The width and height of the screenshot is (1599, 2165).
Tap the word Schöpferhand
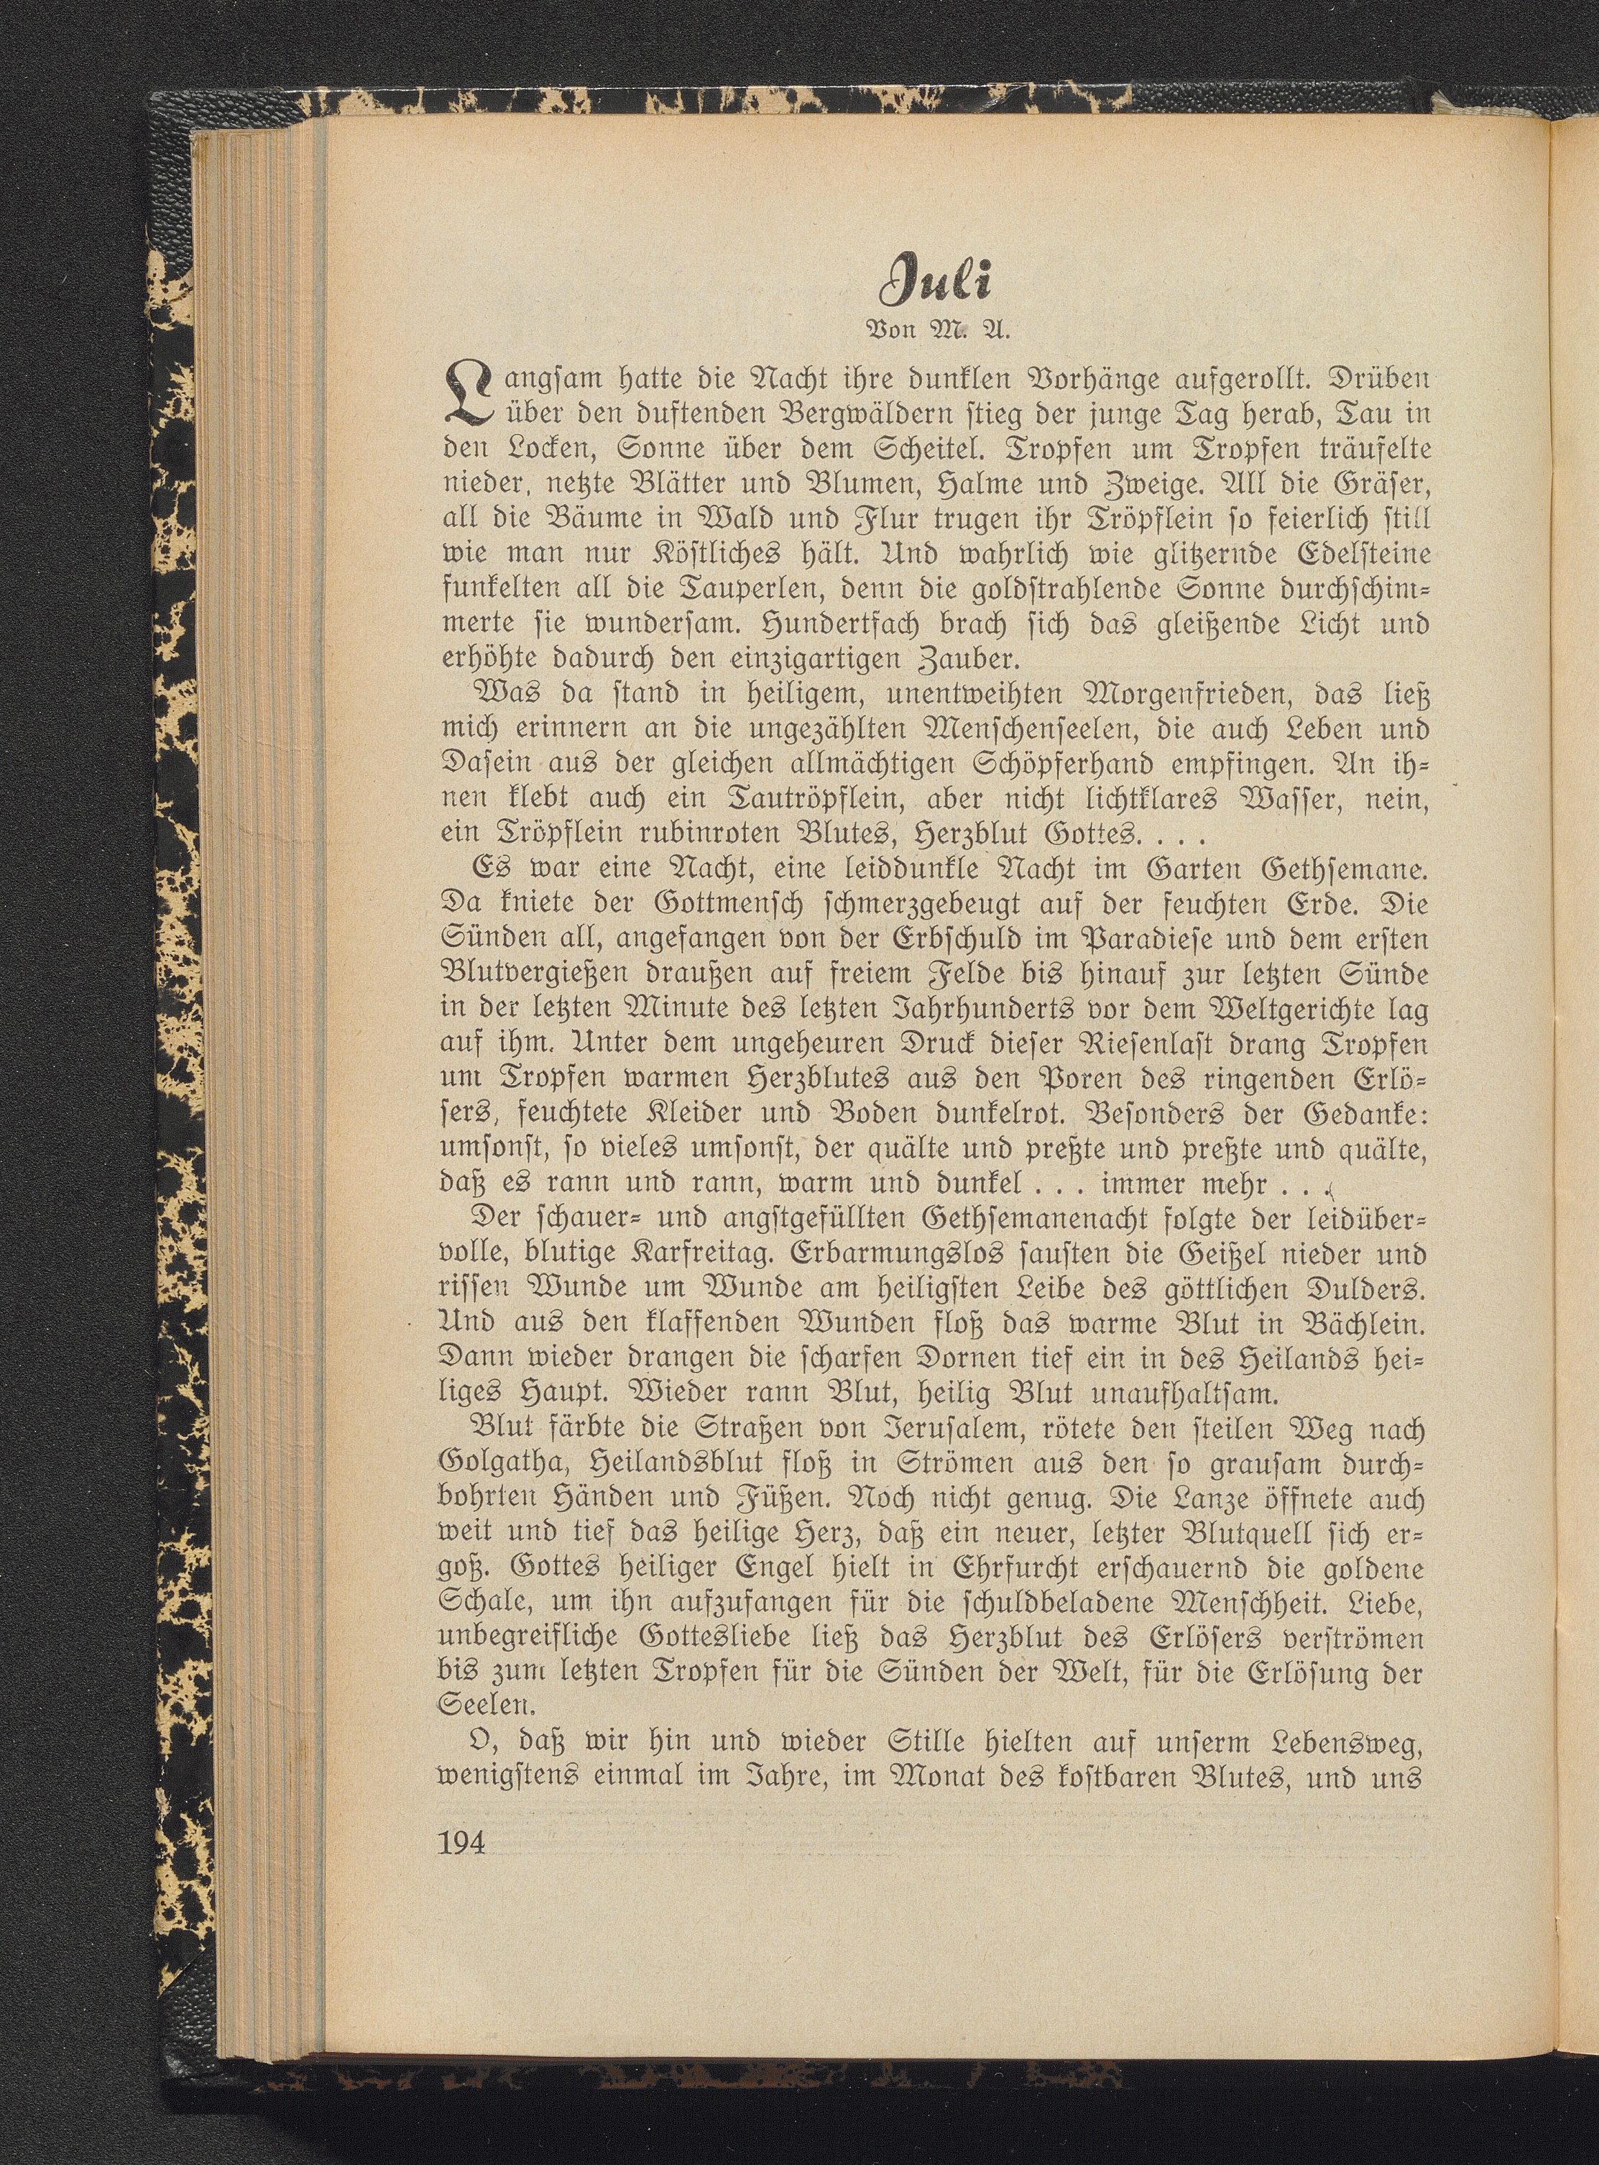coord(1031,765)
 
